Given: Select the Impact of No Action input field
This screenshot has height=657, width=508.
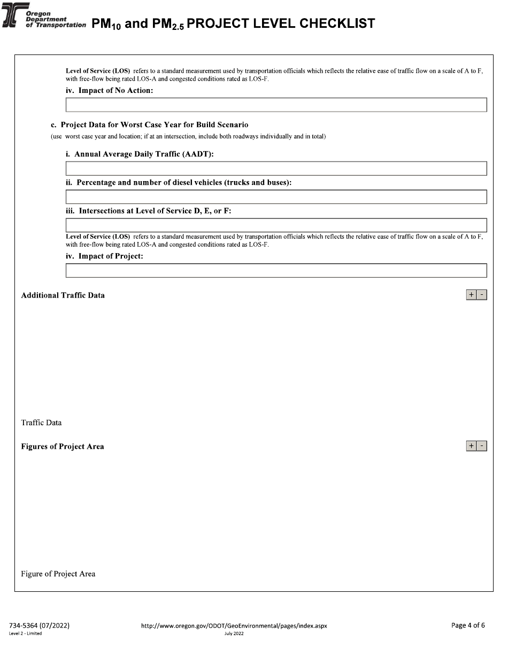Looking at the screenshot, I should (276, 105).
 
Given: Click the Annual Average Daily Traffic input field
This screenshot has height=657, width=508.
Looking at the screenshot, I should (276, 168).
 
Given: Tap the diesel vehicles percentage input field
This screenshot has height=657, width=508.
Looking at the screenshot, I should (276, 197).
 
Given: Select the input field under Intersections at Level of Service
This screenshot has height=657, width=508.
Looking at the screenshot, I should (276, 225).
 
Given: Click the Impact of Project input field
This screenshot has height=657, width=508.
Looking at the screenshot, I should (276, 270).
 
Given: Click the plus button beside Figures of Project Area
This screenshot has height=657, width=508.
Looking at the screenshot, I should (471, 446).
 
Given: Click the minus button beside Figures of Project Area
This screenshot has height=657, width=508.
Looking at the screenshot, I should (482, 446).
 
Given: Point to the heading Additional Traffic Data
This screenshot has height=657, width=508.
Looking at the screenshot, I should (63, 295).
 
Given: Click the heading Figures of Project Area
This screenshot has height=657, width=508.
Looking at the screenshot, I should (63, 447).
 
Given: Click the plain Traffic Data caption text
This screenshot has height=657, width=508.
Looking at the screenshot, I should (41, 423).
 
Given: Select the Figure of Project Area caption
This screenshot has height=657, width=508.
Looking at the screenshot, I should (58, 574).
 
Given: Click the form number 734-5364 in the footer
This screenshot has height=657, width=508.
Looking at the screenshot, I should (39, 625).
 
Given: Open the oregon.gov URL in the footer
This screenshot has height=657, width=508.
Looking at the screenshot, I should (234, 625).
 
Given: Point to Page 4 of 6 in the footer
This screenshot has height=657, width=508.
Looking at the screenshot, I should (468, 625).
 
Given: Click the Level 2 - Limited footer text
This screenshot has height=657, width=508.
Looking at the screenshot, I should (26, 633).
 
